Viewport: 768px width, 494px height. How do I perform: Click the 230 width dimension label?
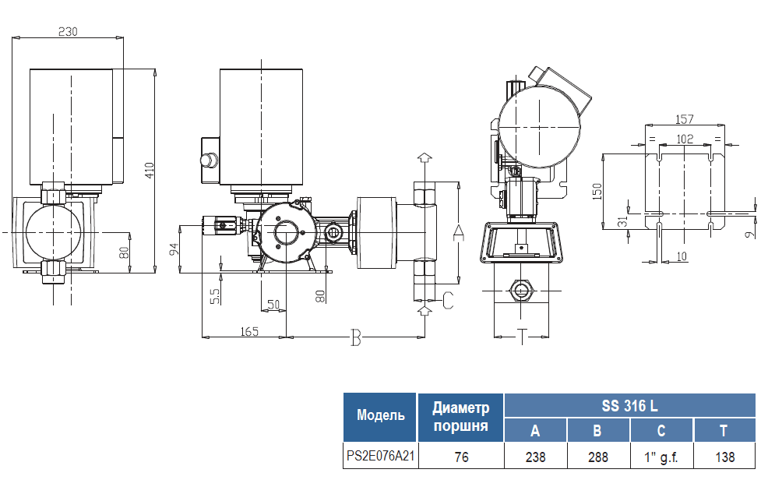(x=69, y=31)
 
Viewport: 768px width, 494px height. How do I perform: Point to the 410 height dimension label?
(x=149, y=171)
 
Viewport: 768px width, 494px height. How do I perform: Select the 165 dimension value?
(x=248, y=331)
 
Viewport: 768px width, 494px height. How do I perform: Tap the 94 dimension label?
(x=174, y=249)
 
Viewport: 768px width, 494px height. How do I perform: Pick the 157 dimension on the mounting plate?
(x=684, y=119)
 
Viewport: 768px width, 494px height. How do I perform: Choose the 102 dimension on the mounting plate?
(x=684, y=139)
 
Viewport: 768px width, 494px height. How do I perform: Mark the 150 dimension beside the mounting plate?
(x=597, y=192)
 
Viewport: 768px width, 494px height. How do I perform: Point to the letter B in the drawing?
(x=356, y=337)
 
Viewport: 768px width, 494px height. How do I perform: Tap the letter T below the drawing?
(x=523, y=337)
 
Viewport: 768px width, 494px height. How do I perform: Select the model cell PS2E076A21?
(x=381, y=457)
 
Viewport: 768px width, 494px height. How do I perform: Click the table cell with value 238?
(x=535, y=457)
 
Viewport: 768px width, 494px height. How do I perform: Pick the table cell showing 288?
(x=598, y=457)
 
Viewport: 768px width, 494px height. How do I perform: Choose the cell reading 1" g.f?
(x=661, y=457)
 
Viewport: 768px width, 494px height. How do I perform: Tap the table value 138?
(x=724, y=457)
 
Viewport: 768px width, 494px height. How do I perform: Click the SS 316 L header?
(x=629, y=406)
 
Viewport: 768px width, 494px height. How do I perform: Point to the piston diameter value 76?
(x=461, y=457)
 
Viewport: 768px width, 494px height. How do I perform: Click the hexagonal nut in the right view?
(x=520, y=291)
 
